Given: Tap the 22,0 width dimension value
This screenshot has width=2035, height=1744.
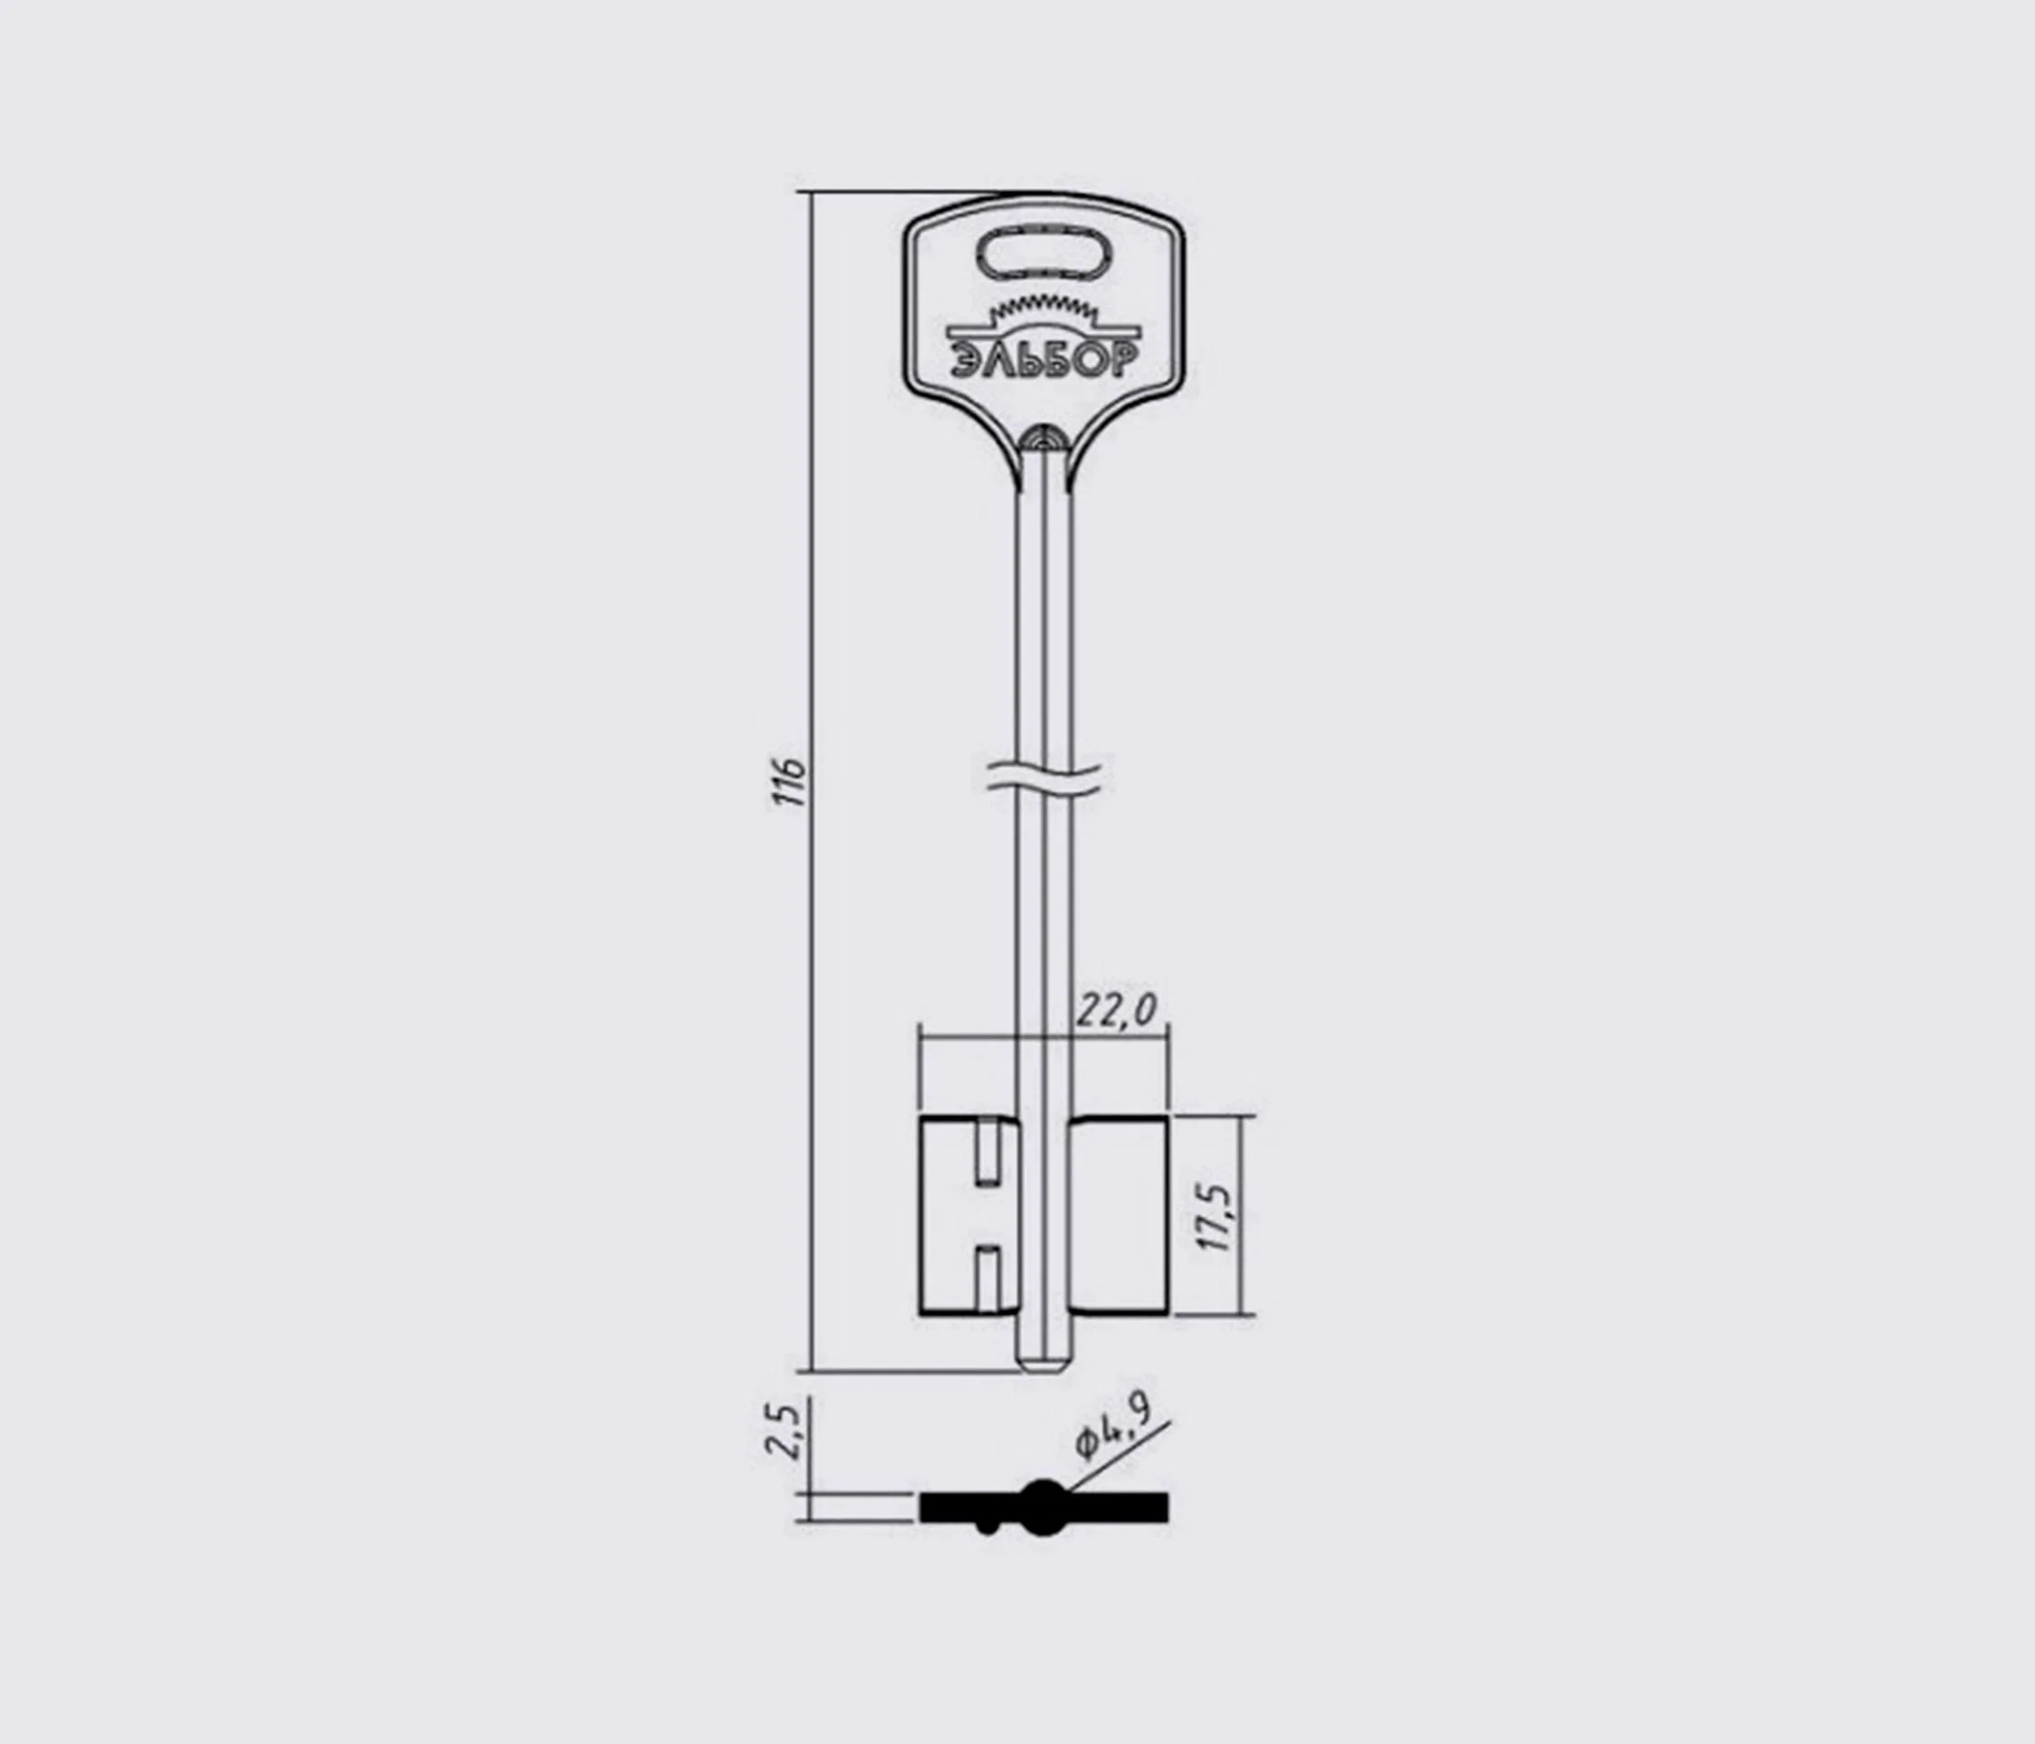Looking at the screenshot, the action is click(1117, 1010).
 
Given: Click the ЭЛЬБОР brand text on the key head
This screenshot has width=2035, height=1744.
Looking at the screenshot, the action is click(1044, 362).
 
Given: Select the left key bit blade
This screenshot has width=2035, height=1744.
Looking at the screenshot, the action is click(968, 1215).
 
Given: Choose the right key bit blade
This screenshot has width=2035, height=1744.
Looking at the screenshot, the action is click(1118, 1215).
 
